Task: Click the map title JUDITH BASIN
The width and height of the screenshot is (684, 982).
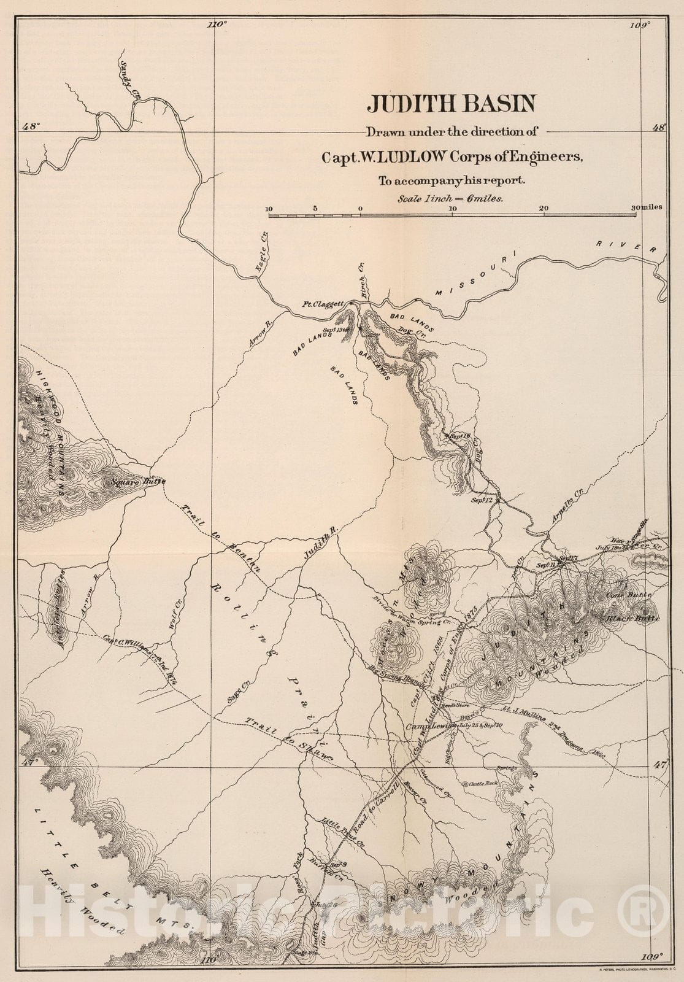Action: (x=450, y=103)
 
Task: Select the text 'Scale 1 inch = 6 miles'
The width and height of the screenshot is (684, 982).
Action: (x=450, y=198)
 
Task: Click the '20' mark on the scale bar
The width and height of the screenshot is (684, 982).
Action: (x=544, y=208)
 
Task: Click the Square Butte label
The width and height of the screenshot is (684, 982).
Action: (x=138, y=482)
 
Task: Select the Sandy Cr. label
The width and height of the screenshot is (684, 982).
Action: (x=129, y=80)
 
